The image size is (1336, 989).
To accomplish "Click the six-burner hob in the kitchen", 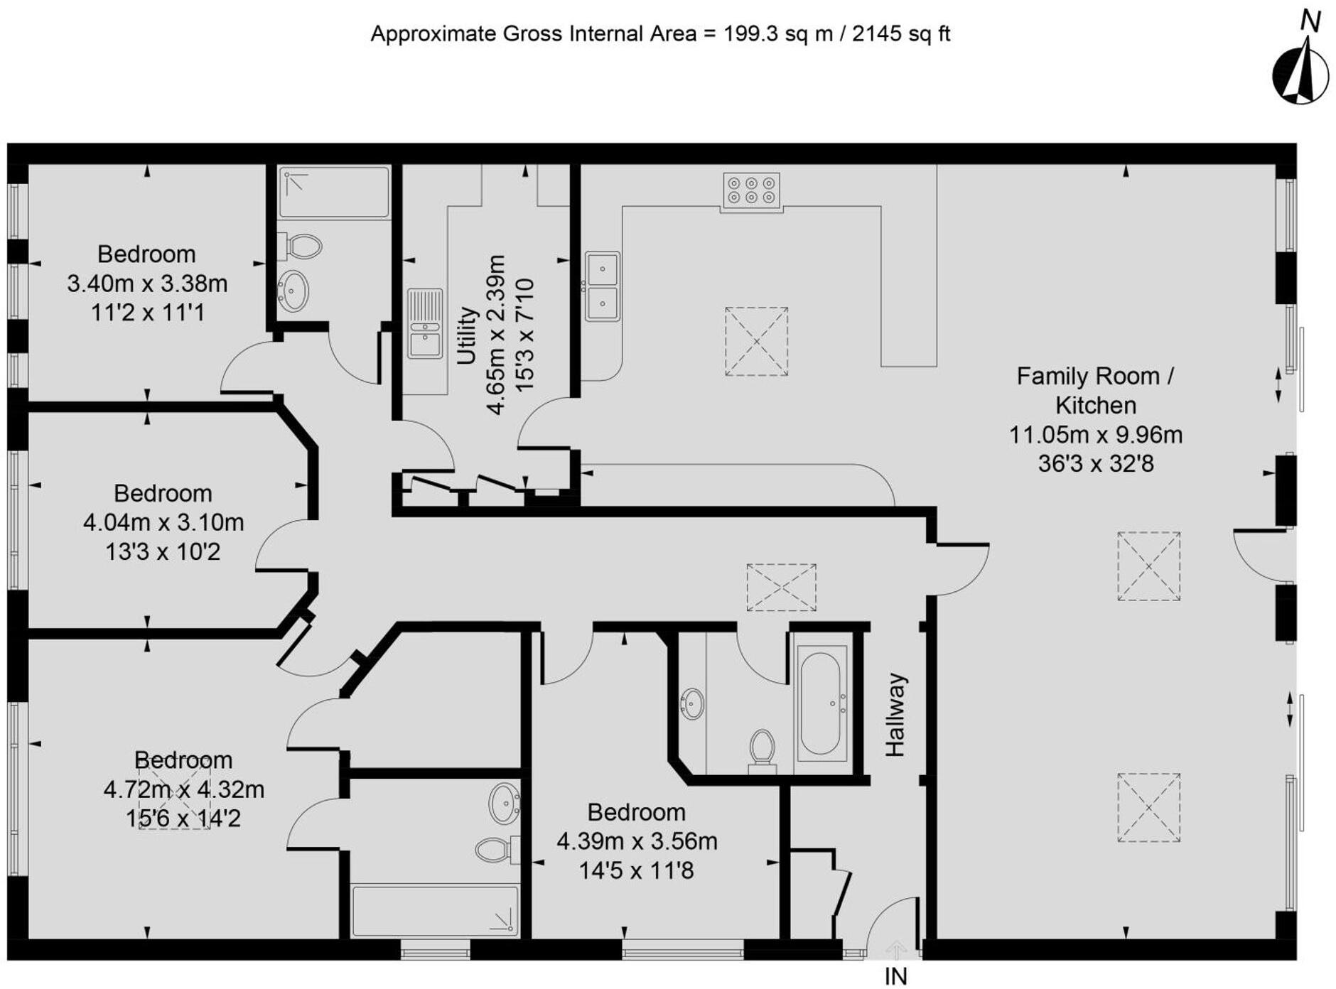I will coord(751,190).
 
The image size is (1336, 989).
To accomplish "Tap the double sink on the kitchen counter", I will coord(603,286).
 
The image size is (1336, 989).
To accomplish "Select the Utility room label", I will coord(466,335).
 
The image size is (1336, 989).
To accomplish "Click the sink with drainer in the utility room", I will coord(425,323).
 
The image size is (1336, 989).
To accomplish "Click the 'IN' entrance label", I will coord(896,976).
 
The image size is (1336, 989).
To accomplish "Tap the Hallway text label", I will coord(895,715).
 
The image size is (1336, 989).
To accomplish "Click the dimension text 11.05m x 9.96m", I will coord(1096,434).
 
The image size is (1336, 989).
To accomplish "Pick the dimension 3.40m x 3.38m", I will coord(147,283).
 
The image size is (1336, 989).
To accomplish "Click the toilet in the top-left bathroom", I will coord(302,247).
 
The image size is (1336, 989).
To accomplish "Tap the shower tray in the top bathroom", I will coord(334,193).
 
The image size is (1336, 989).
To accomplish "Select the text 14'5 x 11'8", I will coord(636,870).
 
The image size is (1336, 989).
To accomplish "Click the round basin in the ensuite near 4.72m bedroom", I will coord(505,804).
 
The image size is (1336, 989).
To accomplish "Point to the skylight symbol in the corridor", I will coord(781,588).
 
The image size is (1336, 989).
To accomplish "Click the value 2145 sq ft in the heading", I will coord(900,33).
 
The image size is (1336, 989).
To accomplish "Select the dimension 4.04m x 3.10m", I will coord(163,522).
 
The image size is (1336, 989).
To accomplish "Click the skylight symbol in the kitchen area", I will coord(756,341).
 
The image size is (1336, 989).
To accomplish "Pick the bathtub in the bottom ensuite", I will coord(435,910).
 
